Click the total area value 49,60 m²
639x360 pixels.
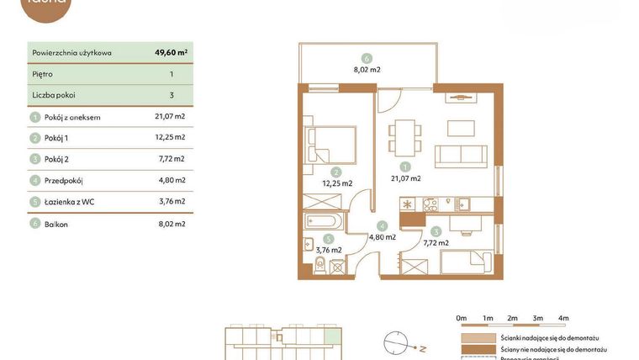pos(171,52)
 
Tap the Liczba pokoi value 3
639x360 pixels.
pos(171,96)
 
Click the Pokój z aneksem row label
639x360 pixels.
pos(72,118)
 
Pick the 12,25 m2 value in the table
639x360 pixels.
pos(171,137)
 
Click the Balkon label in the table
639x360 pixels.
pos(57,225)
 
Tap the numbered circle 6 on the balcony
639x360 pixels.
pos(367,58)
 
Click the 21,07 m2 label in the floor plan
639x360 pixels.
pos(405,178)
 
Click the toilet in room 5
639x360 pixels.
pos(319,265)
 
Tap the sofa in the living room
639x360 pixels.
pos(461,155)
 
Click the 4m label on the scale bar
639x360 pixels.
pos(563,318)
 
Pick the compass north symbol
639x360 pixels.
pos(397,345)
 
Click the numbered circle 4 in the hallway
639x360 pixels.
pos(382,225)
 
